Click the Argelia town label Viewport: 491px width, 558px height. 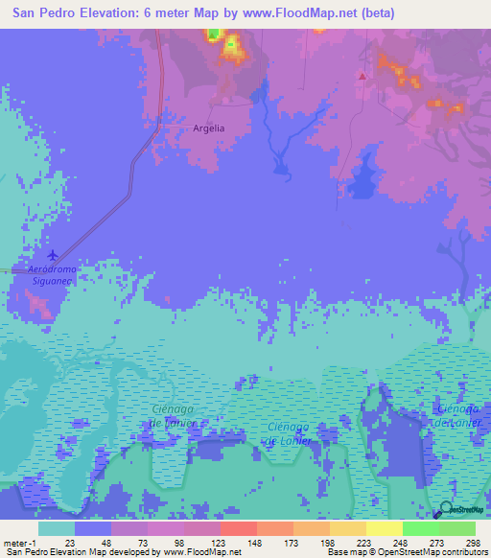[208, 128]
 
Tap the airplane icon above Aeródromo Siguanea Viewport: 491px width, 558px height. [52, 255]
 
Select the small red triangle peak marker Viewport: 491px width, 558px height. [362, 76]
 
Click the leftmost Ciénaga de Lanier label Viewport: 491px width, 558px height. [174, 416]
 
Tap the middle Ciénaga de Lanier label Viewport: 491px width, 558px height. [289, 433]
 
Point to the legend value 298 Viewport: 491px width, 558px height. [470, 543]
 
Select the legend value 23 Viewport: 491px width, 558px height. [69, 543]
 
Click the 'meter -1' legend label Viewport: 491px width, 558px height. [21, 543]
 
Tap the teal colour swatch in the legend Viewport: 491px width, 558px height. [57, 528]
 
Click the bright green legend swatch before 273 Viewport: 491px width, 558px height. [420, 528]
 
